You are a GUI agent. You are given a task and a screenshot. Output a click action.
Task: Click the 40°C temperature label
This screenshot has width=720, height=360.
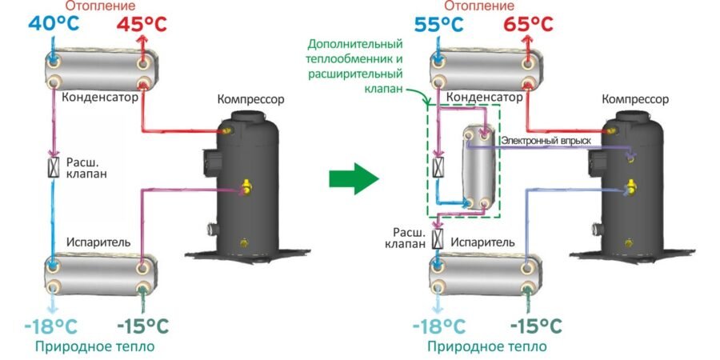click(54, 23)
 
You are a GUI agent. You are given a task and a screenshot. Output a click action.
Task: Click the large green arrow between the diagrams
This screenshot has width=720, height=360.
click(353, 178)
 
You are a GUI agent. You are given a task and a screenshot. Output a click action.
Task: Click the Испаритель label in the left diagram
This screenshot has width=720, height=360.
click(95, 242)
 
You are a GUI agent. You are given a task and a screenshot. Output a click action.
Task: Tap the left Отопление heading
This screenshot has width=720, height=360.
click(99, 6)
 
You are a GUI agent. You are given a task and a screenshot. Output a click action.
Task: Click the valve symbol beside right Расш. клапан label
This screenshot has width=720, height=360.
click(437, 238)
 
